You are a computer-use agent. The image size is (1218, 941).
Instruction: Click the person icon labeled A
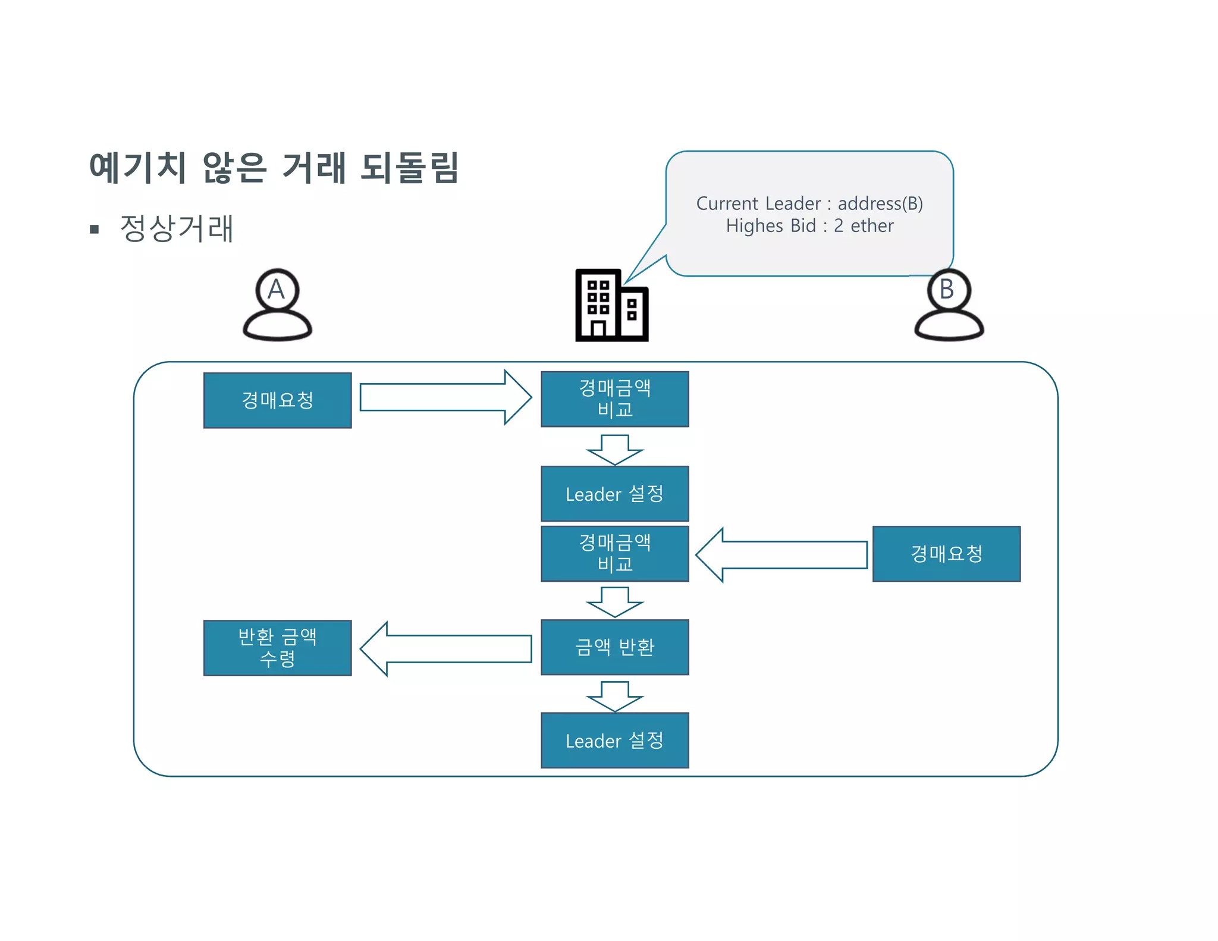277,305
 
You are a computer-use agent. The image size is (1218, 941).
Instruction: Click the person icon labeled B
949,305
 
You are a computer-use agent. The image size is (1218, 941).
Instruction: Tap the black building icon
611,306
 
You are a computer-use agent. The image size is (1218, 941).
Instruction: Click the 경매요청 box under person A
277,400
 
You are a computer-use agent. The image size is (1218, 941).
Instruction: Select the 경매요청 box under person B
946,554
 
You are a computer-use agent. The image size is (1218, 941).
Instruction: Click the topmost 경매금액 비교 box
614,399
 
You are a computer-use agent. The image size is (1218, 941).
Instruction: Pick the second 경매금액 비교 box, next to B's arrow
614,553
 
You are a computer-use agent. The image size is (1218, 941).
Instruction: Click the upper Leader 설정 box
614,494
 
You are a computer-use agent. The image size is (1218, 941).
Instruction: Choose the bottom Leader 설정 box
614,741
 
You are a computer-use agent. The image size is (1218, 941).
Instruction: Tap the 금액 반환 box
614,647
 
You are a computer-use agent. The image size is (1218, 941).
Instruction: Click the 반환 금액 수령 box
277,648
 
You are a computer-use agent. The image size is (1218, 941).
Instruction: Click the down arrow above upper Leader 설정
614,450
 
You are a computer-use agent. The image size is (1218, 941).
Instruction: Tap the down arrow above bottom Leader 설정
614,697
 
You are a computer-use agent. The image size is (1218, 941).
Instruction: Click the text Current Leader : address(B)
809,203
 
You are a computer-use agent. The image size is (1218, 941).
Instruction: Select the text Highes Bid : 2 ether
809,226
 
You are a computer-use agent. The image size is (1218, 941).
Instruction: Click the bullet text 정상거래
177,228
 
